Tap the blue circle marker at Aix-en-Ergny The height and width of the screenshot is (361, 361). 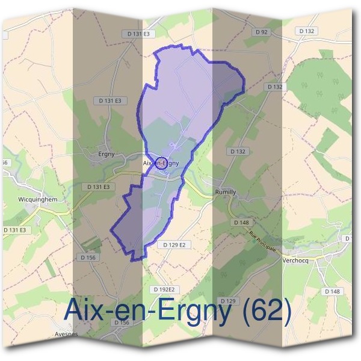tap(161, 162)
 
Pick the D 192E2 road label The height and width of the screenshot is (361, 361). tap(162, 289)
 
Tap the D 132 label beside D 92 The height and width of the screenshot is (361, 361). tap(307, 31)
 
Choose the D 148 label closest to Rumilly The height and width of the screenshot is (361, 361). tap(241, 222)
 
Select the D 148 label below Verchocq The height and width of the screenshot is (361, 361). tap(332, 291)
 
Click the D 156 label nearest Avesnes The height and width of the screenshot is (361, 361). tap(122, 323)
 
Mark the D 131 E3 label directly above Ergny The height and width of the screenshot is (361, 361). tap(109, 100)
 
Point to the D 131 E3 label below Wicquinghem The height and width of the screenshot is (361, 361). tap(14, 230)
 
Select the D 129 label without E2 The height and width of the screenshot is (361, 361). tap(227, 300)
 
